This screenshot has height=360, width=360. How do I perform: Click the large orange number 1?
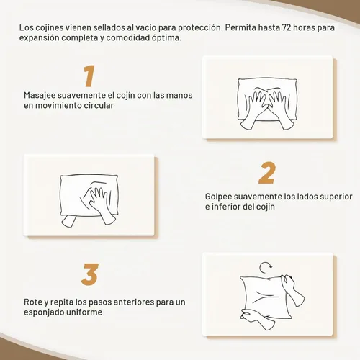tap(89, 76)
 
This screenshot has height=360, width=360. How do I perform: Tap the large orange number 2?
tap(267, 173)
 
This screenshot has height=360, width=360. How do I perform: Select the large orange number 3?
tap(90, 274)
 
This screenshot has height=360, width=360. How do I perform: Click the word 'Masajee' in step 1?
tap(40, 96)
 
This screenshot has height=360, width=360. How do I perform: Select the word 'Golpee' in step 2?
tap(218, 197)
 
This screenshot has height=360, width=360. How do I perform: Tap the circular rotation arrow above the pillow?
tap(266, 268)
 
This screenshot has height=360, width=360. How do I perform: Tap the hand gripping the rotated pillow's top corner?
tap(292, 289)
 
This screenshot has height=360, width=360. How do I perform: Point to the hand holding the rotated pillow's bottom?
tap(254, 319)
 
